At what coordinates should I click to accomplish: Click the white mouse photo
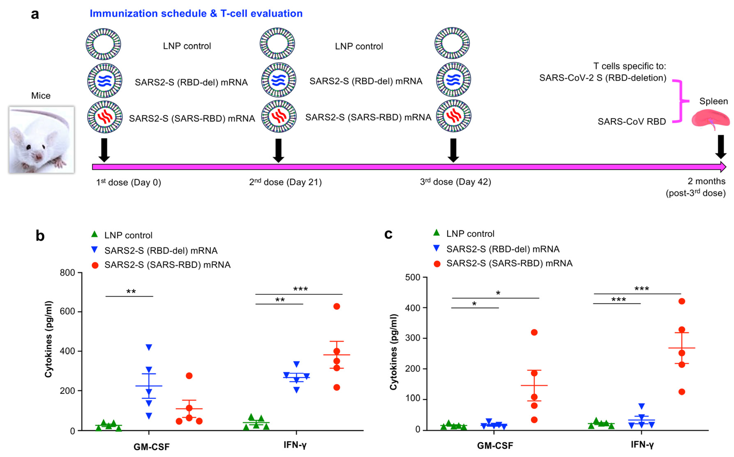coord(41,140)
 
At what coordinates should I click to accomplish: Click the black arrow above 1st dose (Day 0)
coord(104,150)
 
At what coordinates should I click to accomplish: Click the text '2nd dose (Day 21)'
coord(285,182)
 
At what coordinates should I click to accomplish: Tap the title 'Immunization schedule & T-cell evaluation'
coord(196,14)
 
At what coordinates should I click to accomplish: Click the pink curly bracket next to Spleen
coord(680,101)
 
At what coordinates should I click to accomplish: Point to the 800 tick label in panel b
coord(67,273)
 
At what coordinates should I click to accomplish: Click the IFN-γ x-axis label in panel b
coord(295,445)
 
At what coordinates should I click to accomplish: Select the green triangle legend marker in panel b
coord(95,234)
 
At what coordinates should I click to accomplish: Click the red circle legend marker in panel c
coord(437,264)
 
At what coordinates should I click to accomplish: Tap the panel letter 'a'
coord(35,14)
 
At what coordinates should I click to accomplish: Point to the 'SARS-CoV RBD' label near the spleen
coord(632,122)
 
